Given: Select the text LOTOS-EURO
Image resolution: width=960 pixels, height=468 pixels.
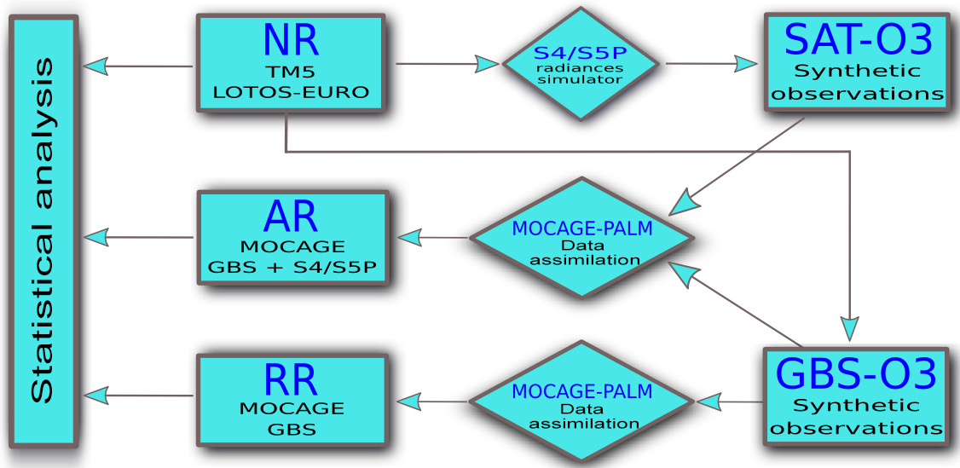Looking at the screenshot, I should click(x=292, y=93).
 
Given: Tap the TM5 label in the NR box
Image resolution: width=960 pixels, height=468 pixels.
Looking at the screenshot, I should click(x=291, y=72).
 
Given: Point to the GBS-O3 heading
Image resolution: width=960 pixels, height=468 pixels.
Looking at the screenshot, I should click(x=856, y=373).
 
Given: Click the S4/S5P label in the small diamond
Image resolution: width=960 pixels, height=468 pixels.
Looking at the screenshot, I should click(x=580, y=51).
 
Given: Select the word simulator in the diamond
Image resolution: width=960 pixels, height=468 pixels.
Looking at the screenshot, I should click(x=580, y=79).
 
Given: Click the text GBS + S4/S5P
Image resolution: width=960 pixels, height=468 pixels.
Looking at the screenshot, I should click(x=292, y=268).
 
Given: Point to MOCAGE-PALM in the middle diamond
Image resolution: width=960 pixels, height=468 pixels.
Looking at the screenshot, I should click(x=582, y=228).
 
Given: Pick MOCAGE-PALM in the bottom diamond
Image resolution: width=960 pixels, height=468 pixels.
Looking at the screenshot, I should click(x=582, y=391).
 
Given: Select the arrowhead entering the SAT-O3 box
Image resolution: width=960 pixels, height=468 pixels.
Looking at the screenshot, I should click(x=745, y=64).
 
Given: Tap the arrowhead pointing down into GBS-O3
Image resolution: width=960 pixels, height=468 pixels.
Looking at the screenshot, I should click(x=850, y=328).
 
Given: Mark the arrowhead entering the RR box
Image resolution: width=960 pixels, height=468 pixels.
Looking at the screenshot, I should click(x=408, y=401).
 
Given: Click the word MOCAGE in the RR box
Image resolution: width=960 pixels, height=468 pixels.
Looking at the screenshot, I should click(x=292, y=409).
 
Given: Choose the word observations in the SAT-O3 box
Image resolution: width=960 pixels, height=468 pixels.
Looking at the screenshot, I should click(x=858, y=94).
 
